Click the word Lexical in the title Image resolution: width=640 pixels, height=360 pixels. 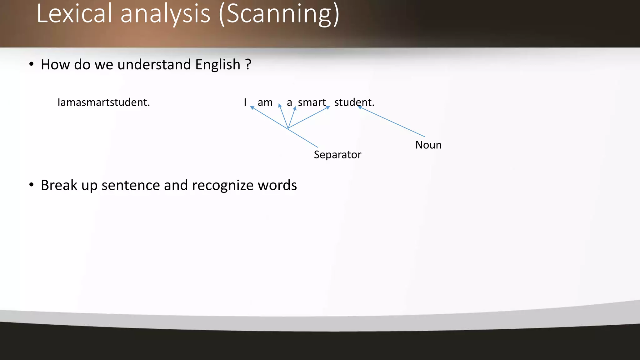click(74, 14)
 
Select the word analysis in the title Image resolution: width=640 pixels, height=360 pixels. click(165, 14)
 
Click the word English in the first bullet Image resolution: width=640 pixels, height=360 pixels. click(218, 65)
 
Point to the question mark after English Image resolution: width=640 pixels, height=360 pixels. click(248, 64)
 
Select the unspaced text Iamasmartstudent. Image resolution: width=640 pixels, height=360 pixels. click(104, 102)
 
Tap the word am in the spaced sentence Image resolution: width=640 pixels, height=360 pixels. click(265, 102)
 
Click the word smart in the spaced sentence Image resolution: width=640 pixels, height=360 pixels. click(312, 102)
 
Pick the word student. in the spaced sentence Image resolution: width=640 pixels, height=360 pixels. click(354, 102)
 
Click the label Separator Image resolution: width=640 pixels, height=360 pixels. click(337, 155)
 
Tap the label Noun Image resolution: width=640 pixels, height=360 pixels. click(428, 145)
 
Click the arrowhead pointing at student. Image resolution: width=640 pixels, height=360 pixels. click(360, 107)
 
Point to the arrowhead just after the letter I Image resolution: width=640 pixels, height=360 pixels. click(252, 108)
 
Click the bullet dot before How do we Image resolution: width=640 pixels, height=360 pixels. click(31, 64)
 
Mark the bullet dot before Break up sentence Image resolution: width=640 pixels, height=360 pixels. click(31, 185)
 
